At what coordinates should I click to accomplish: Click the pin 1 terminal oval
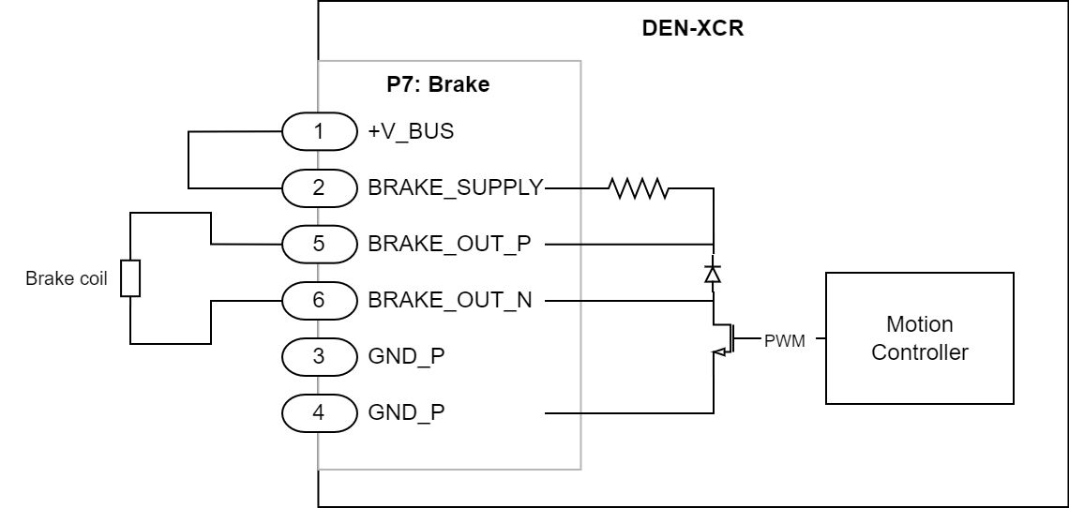click(x=319, y=131)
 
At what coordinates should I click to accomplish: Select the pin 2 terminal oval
click(x=319, y=187)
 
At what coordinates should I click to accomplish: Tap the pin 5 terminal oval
click(x=319, y=244)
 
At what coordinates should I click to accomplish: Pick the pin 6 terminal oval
click(x=319, y=300)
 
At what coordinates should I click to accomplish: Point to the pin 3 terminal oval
click(x=319, y=356)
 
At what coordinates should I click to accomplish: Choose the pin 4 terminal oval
click(x=319, y=412)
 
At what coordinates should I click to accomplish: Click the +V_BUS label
click(x=411, y=131)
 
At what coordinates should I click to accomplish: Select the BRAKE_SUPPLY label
click(x=456, y=187)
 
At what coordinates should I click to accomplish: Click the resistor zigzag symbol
click(x=638, y=187)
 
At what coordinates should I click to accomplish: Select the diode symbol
click(x=713, y=273)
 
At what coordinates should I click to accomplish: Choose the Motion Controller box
click(x=919, y=339)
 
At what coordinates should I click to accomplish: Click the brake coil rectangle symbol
click(x=131, y=278)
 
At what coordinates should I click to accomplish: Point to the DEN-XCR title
click(x=693, y=27)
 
